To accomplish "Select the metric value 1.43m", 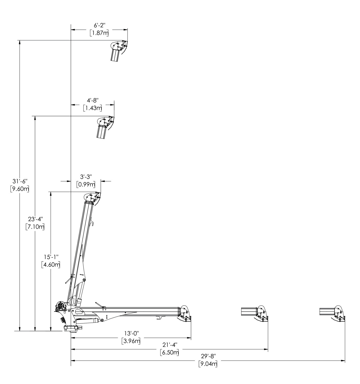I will point(92,108).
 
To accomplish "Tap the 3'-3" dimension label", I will point(86,177).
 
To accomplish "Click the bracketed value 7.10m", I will point(35,227).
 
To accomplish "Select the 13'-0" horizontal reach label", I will point(131,333).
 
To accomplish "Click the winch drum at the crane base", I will point(61,306).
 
